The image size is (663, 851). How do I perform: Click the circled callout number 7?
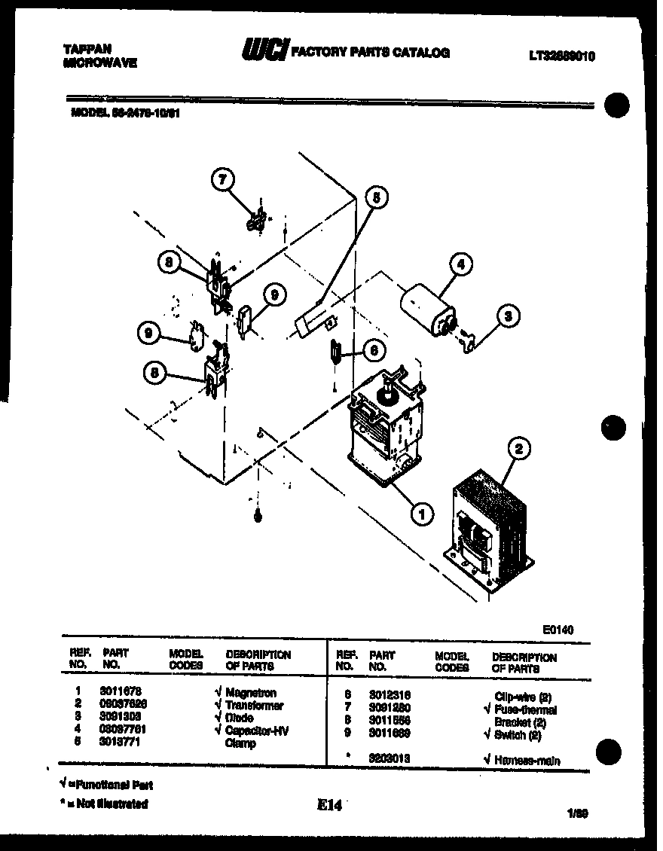click(222, 179)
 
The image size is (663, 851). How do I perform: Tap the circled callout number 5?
click(376, 197)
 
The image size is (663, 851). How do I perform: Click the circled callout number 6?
click(373, 349)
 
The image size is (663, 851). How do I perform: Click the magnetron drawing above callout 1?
click(386, 425)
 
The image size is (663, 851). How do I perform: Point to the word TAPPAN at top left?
click(82, 48)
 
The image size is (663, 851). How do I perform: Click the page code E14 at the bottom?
click(329, 806)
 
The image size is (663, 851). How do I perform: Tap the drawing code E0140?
click(558, 630)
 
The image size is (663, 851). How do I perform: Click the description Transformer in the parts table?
click(254, 706)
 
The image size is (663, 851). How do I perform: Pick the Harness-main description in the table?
click(527, 761)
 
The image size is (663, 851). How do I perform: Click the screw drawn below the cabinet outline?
click(258, 517)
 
